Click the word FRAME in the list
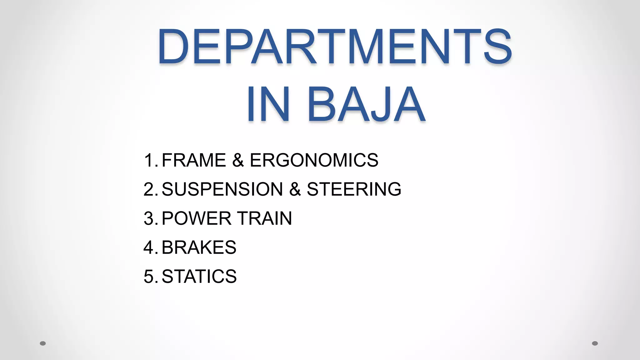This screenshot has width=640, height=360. point(194,160)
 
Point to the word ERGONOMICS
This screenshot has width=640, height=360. point(314,160)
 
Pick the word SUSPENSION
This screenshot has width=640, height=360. point(222,189)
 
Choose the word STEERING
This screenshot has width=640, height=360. point(354,189)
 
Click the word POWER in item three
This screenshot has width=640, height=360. point(196,218)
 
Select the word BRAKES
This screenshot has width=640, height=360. point(199,247)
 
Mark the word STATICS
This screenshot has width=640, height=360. point(199,276)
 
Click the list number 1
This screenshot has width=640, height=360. point(149,160)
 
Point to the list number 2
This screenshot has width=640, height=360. point(149,189)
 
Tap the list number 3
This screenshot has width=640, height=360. point(149,218)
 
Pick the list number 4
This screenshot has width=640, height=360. point(149,247)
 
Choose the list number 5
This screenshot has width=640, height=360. point(149,276)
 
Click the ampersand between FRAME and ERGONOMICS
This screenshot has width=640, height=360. point(238,160)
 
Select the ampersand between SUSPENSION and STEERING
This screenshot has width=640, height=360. point(295,189)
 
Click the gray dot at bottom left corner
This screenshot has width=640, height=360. point(43,343)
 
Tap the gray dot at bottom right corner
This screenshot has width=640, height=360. point(595,343)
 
